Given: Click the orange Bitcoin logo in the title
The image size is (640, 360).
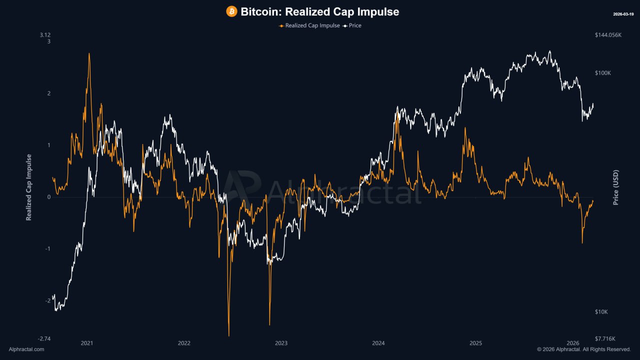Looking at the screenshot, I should click(231, 11).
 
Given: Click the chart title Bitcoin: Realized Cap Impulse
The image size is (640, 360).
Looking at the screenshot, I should click(319, 11).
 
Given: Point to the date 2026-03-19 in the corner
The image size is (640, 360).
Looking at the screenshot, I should click(623, 14).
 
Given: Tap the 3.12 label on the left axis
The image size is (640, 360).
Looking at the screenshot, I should click(45, 35).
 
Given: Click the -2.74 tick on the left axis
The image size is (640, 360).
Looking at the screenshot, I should click(44, 338).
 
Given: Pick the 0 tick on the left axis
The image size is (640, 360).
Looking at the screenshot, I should click(48, 197).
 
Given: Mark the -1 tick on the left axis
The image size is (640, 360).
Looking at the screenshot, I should click(47, 249).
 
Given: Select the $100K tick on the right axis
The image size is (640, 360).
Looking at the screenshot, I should click(603, 73).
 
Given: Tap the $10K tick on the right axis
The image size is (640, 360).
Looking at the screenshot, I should click(601, 312).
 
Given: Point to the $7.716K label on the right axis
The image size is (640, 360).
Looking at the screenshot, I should click(605, 338).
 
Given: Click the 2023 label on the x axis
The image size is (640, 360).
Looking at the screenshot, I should click(281, 343).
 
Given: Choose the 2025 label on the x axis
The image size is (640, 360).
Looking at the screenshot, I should click(475, 343).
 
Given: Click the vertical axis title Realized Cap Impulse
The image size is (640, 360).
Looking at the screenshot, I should click(29, 187).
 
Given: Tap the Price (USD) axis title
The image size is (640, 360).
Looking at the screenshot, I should click(616, 187).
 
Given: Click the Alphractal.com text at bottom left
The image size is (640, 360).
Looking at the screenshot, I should click(26, 349).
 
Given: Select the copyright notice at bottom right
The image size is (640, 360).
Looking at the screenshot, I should click(583, 349).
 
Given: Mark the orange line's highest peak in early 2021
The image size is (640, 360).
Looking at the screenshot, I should click(89, 53).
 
